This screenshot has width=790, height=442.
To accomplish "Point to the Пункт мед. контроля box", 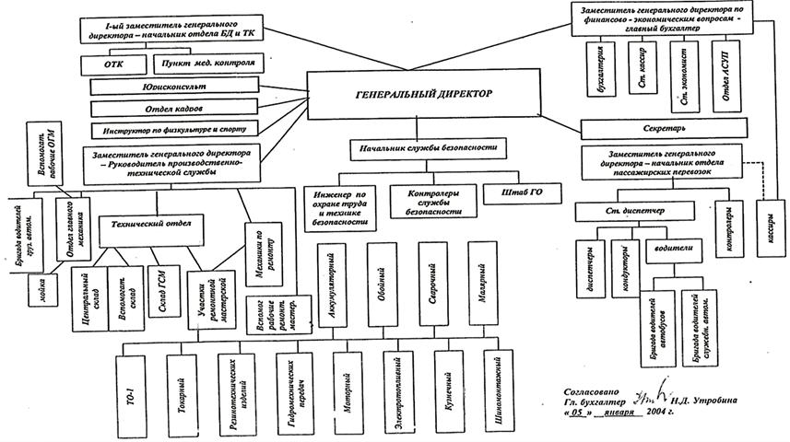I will pyautogui.click(x=207, y=64).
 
